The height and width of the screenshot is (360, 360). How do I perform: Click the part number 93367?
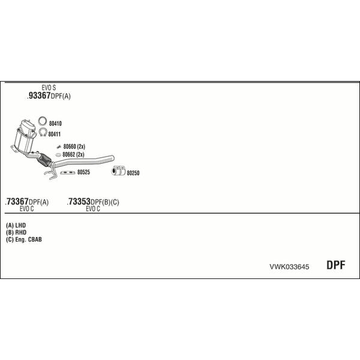(39, 95)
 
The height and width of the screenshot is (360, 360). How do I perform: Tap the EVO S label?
(49, 88)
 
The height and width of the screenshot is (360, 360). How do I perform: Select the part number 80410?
(55, 124)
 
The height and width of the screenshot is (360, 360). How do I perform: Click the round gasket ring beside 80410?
(42, 121)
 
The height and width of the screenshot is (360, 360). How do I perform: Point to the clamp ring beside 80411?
(43, 132)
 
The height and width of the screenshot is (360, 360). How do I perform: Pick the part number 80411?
(55, 134)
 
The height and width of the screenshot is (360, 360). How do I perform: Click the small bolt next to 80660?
(59, 147)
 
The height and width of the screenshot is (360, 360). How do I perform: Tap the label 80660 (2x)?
(74, 146)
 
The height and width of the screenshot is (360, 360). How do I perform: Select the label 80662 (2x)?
(73, 155)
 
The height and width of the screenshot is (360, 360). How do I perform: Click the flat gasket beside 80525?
(67, 172)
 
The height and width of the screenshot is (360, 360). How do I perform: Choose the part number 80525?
(83, 172)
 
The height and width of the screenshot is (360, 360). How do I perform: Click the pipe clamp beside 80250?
(118, 171)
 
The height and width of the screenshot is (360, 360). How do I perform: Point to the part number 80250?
(133, 173)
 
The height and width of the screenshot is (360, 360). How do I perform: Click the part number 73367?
(17, 202)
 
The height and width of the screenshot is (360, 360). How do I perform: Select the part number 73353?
(79, 202)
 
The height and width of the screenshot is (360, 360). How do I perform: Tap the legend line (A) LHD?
(16, 225)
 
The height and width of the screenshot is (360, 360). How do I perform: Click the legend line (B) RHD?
(16, 232)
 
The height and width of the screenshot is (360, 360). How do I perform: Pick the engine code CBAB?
(35, 239)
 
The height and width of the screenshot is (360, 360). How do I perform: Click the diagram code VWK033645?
(289, 267)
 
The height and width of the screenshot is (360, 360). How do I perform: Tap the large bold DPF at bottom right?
(335, 265)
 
